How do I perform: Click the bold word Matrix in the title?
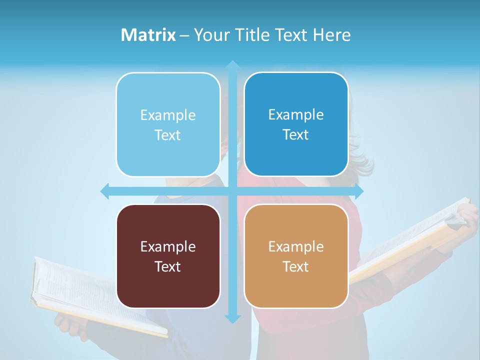148,35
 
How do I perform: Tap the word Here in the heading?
332,35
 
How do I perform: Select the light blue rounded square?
168,124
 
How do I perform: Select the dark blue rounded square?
296,124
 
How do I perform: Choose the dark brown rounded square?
168,256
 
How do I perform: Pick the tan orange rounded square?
296,256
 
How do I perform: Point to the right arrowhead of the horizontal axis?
359,191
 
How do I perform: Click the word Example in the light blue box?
168,115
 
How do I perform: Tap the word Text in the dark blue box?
296,135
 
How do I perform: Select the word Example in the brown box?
168,247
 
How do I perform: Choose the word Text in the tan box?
296,266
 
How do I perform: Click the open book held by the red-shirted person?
410,240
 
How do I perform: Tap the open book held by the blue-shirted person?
95,295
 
